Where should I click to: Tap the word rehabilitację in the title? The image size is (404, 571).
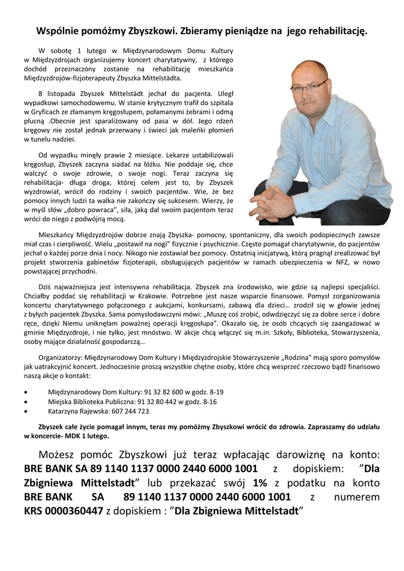336,32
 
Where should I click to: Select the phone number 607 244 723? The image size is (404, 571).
131,412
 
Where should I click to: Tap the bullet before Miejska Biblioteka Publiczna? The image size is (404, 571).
27,401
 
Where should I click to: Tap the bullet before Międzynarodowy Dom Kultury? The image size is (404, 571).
27,392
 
